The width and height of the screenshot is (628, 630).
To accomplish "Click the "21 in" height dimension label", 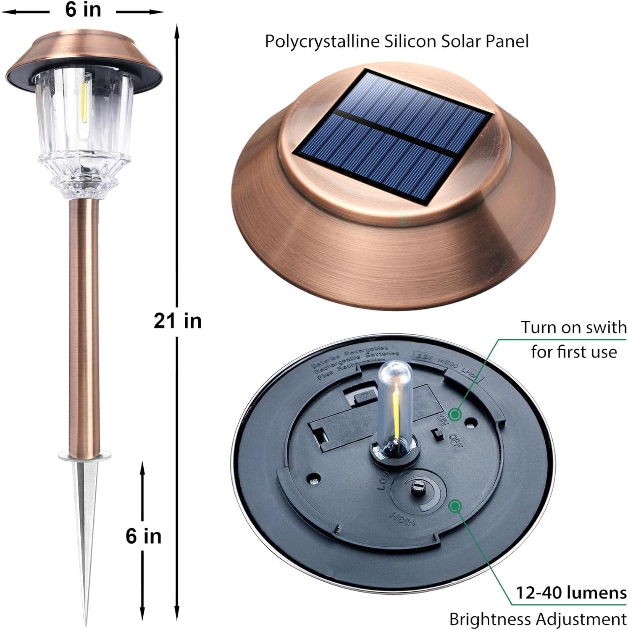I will (x=178, y=321).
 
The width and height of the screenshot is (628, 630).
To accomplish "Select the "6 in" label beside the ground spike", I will (x=144, y=536).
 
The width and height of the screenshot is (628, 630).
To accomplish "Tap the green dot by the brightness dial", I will (x=455, y=506).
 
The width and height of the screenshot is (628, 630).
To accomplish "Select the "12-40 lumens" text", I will (x=571, y=593).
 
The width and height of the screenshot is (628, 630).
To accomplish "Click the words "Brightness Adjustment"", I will (x=538, y=619).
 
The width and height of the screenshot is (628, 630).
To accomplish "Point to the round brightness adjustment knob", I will (x=418, y=487).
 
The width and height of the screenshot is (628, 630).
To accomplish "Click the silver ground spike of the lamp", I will (x=85, y=525).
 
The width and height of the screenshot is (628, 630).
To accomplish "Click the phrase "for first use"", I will (x=574, y=352).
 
